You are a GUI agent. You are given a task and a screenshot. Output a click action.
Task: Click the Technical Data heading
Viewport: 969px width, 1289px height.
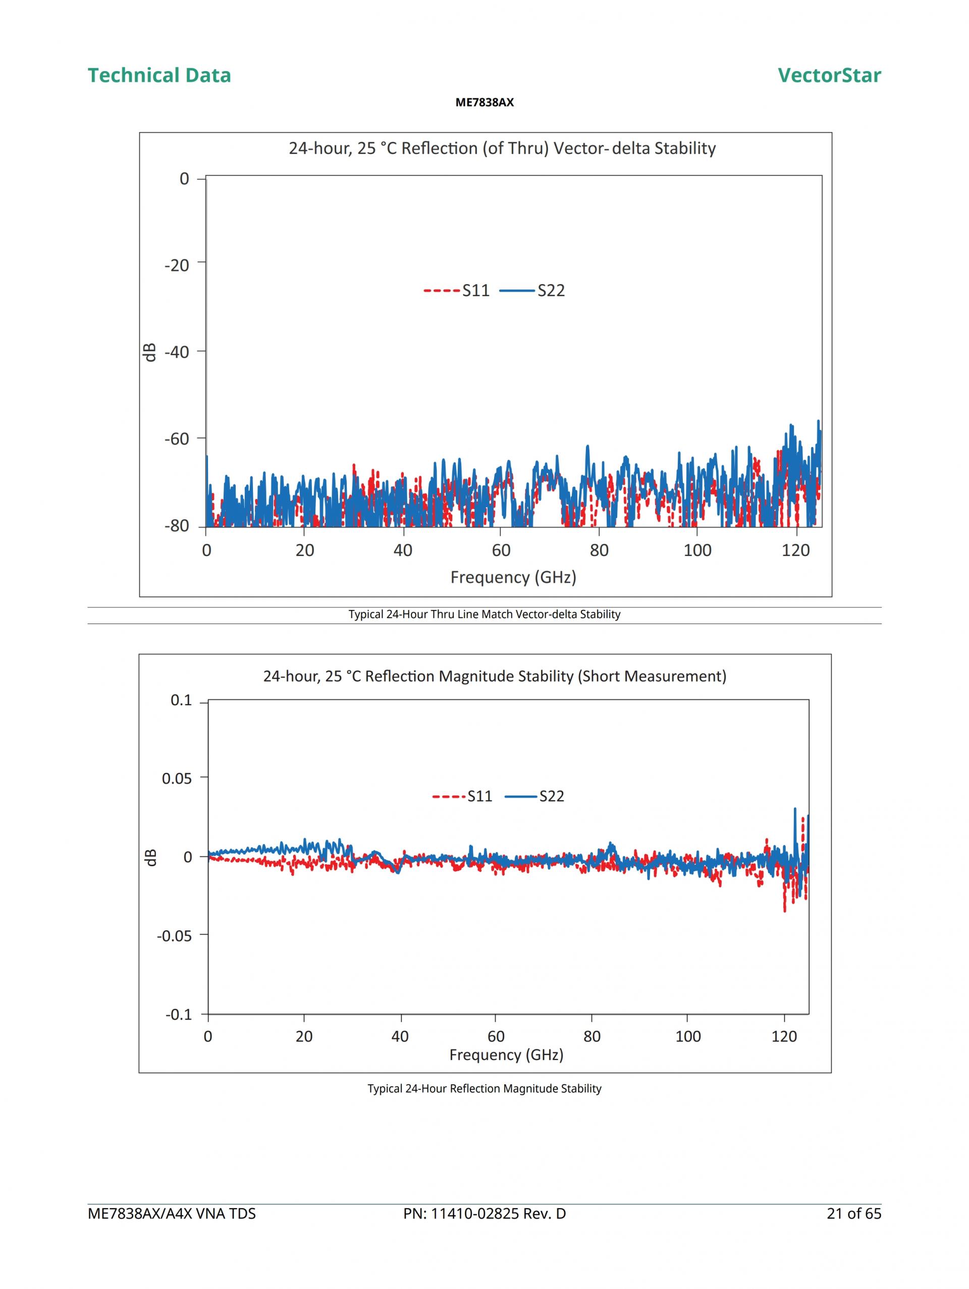point(159,75)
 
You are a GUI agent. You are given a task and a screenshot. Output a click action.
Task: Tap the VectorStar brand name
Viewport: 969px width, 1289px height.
point(829,75)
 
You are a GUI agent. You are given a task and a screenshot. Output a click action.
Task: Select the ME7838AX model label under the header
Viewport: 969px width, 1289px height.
point(484,102)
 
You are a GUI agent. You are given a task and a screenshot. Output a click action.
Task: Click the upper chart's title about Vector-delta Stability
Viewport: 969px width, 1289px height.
point(502,148)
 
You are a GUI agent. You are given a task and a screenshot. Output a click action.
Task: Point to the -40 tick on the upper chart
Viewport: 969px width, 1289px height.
point(177,352)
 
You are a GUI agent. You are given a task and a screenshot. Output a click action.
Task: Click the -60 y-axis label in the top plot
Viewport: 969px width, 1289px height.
point(177,439)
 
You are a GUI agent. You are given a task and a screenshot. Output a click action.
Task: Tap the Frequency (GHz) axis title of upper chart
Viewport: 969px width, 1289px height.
point(513,577)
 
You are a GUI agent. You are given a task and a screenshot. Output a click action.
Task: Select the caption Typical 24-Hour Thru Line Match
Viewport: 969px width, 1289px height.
point(484,614)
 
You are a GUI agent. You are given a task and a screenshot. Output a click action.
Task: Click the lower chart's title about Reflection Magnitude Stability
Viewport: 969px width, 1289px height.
point(495,676)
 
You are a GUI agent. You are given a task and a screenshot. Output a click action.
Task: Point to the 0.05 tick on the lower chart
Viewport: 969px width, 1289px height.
point(177,778)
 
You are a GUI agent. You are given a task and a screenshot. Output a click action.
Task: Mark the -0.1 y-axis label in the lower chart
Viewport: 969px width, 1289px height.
point(179,1015)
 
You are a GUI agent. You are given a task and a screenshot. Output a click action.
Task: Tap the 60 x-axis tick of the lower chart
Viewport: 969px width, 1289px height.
point(496,1037)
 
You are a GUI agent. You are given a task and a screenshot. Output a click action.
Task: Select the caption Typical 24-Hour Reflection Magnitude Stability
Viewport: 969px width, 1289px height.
point(484,1089)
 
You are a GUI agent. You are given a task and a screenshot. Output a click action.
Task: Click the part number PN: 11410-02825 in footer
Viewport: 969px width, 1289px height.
point(484,1214)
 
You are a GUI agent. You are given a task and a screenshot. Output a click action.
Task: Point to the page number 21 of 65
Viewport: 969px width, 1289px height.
point(853,1214)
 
